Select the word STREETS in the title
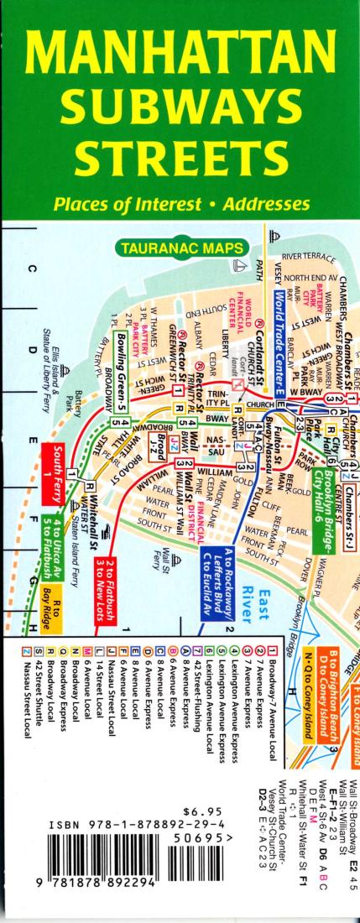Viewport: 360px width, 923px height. coord(180,159)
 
